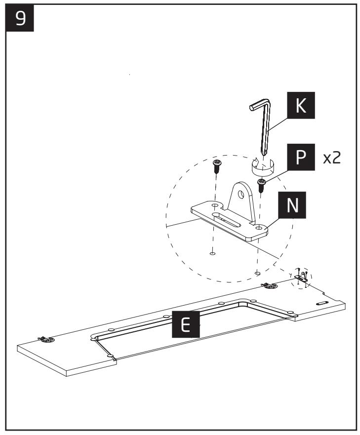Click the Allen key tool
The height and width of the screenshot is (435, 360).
[264, 123]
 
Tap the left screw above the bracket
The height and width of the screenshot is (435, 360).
[216, 166]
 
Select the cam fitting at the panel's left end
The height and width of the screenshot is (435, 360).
[45, 339]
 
